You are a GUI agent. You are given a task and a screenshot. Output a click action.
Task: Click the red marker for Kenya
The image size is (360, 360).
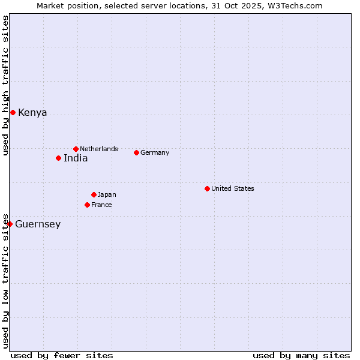tap(13, 112)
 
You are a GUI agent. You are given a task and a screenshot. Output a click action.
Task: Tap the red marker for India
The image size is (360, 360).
tap(58, 158)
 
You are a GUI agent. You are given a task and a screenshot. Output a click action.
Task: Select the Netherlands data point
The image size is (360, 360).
tap(76, 149)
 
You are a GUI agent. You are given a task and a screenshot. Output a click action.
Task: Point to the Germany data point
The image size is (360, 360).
tap(136, 152)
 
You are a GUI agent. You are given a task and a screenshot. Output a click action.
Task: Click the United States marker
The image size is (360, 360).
tap(207, 188)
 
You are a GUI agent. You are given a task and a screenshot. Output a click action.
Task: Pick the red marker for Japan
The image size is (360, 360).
tap(94, 194)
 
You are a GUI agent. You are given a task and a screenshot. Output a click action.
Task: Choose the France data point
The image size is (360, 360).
tap(87, 205)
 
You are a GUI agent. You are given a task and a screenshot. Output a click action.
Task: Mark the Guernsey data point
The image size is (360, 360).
tap(10, 224)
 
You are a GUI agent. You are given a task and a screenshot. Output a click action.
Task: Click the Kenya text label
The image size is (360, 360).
tap(32, 113)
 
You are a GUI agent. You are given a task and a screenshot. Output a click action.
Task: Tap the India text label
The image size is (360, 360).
tap(76, 158)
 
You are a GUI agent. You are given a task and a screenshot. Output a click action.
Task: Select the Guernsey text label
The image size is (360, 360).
tap(38, 224)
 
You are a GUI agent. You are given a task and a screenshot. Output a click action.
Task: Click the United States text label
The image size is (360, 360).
tap(233, 188)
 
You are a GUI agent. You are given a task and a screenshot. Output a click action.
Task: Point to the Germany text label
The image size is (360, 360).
tap(155, 152)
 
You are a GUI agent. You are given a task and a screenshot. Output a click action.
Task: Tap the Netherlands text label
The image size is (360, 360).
tap(99, 149)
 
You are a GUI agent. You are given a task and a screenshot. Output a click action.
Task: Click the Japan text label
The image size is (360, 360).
tap(107, 194)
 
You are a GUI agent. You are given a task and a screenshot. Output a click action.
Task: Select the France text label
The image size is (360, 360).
tap(101, 205)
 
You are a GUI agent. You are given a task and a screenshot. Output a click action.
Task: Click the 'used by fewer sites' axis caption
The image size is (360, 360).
tap(62, 355)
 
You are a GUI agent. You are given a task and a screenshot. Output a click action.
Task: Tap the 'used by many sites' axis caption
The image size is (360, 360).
tap(301, 355)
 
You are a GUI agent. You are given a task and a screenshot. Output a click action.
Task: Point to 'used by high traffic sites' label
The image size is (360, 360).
tap(6, 85)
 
